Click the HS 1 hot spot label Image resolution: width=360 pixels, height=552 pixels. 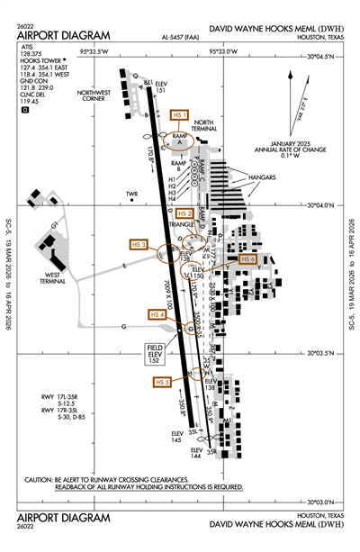[x=179, y=116]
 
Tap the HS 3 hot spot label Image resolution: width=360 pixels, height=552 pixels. [x=139, y=244]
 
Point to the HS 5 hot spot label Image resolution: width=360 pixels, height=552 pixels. [x=162, y=382]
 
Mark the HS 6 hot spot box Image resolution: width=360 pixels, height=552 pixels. [x=249, y=258]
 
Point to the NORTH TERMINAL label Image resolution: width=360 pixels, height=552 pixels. [x=204, y=125]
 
